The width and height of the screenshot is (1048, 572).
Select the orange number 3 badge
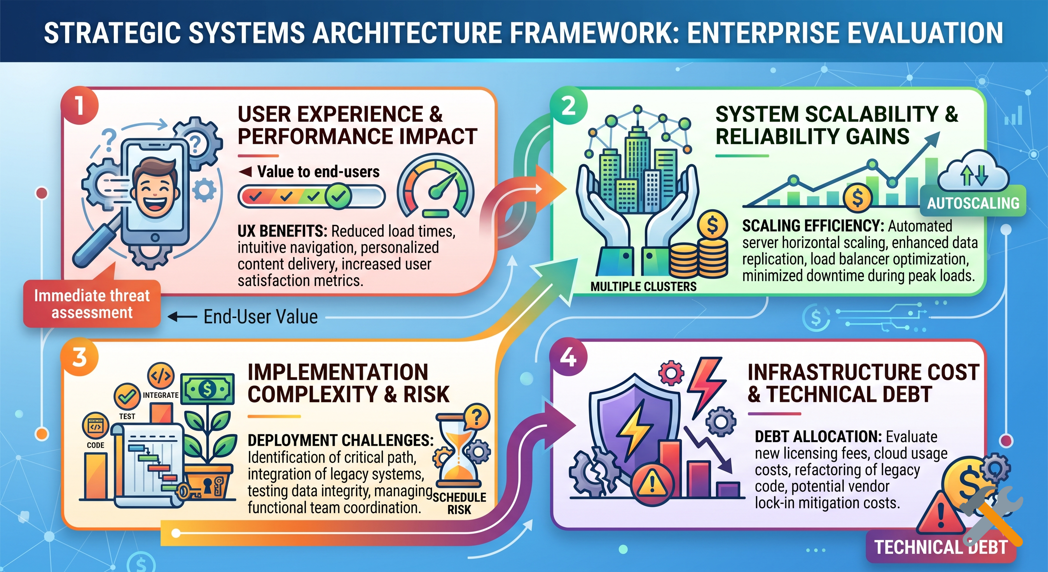coord(79,357)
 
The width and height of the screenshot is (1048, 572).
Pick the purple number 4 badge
coord(568,357)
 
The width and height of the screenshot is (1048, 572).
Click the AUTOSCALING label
coord(973,203)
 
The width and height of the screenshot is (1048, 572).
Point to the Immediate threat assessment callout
coord(92,304)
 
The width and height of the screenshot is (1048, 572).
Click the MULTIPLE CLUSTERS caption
coord(643,287)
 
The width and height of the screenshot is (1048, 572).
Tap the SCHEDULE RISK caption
coord(459,503)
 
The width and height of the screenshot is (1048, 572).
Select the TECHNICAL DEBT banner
coord(940,547)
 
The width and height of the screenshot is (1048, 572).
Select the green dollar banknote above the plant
coord(208,389)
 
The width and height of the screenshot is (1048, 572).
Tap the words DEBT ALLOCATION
coord(818,437)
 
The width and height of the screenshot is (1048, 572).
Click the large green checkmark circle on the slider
coord(338,196)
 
